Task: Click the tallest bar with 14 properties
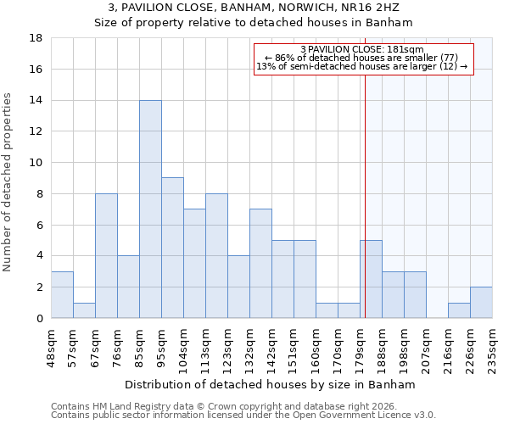[x=150, y=209]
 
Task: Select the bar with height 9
[x=172, y=248]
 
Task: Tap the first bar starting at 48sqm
[x=62, y=294]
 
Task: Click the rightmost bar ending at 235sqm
[x=481, y=302]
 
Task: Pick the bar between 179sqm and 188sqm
[x=371, y=279]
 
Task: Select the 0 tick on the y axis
[x=39, y=318]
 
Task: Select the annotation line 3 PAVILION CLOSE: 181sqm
[x=362, y=50]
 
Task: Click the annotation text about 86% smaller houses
[x=362, y=59]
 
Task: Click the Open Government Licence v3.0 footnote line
[x=243, y=416]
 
